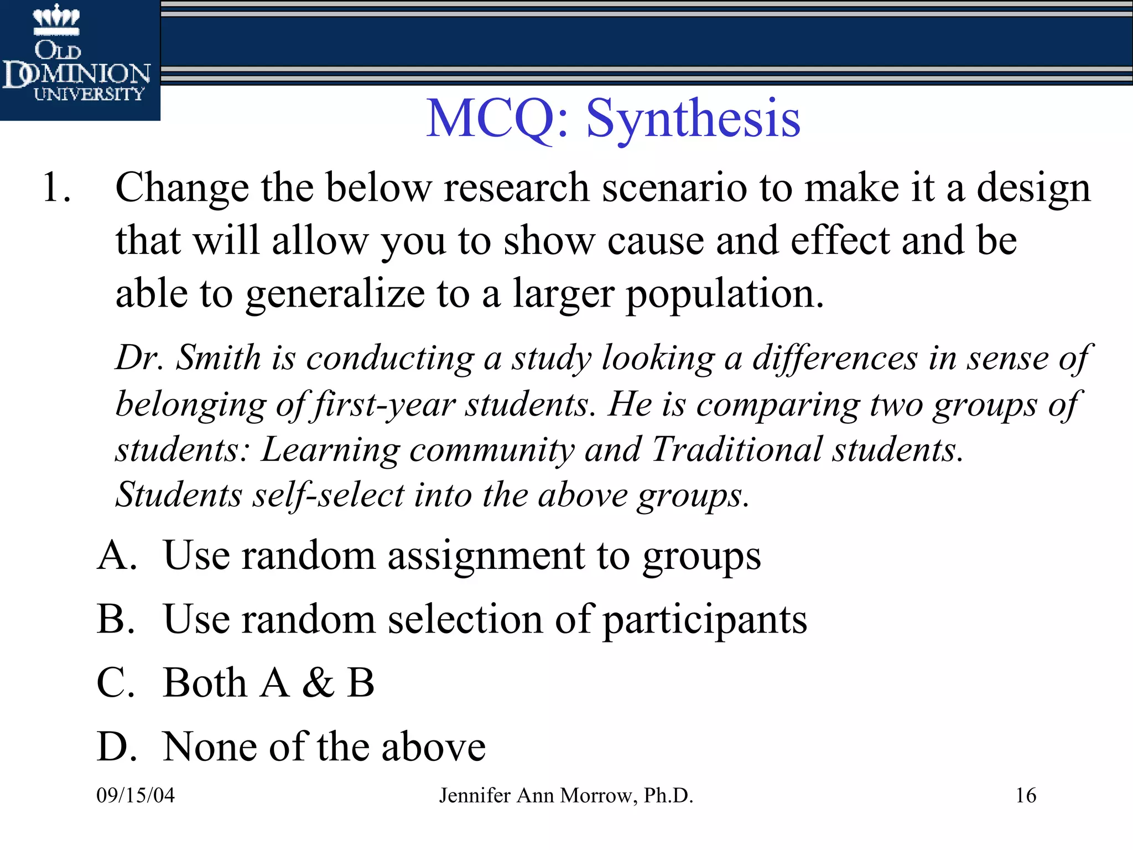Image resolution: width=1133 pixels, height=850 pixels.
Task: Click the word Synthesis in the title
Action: pyautogui.click(x=693, y=118)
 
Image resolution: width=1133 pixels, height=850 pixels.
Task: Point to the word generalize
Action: pyautogui.click(x=335, y=294)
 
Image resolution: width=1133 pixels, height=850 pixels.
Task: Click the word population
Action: pyautogui.click(x=725, y=294)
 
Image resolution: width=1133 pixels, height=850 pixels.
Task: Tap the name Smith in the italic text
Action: pyautogui.click(x=218, y=357)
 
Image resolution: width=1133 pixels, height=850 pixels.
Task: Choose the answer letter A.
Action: pyautogui.click(x=116, y=554)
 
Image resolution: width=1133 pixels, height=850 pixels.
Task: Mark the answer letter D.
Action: pyautogui.click(x=116, y=747)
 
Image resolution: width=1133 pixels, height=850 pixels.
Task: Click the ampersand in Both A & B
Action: pyautogui.click(x=318, y=682)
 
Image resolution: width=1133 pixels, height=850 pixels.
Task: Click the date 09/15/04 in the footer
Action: pyautogui.click(x=136, y=795)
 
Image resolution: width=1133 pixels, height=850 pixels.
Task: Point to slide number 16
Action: pyautogui.click(x=1026, y=795)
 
